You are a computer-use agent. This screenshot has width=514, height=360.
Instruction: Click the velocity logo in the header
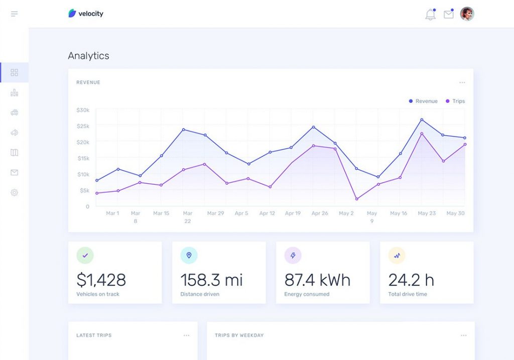(x=86, y=14)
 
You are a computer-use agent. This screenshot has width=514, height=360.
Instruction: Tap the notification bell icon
(x=430, y=15)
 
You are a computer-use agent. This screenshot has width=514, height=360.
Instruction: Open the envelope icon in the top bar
(x=448, y=15)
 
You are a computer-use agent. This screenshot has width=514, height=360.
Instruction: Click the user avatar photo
(x=467, y=14)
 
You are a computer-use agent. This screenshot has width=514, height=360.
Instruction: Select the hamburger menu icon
(x=14, y=14)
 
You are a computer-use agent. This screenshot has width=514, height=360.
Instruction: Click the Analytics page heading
(x=88, y=56)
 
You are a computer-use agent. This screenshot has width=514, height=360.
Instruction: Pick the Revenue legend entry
(x=423, y=101)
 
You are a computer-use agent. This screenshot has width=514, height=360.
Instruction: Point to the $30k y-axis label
(x=83, y=110)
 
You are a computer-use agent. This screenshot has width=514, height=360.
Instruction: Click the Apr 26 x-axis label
(x=320, y=213)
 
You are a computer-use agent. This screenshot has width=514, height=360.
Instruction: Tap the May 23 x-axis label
(x=427, y=213)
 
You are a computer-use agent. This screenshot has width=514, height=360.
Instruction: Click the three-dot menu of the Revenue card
(x=462, y=82)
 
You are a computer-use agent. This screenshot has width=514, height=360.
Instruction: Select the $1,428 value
(x=101, y=280)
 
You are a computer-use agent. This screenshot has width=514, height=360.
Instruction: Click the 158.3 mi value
(x=211, y=280)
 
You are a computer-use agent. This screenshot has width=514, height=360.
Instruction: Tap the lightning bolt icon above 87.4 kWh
(x=293, y=256)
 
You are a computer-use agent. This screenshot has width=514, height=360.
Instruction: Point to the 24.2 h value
(x=411, y=280)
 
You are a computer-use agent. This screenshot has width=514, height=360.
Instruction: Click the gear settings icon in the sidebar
(x=14, y=192)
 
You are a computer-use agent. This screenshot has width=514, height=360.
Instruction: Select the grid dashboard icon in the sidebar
(x=14, y=72)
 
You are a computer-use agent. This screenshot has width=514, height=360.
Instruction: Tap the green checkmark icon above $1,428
(x=85, y=256)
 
